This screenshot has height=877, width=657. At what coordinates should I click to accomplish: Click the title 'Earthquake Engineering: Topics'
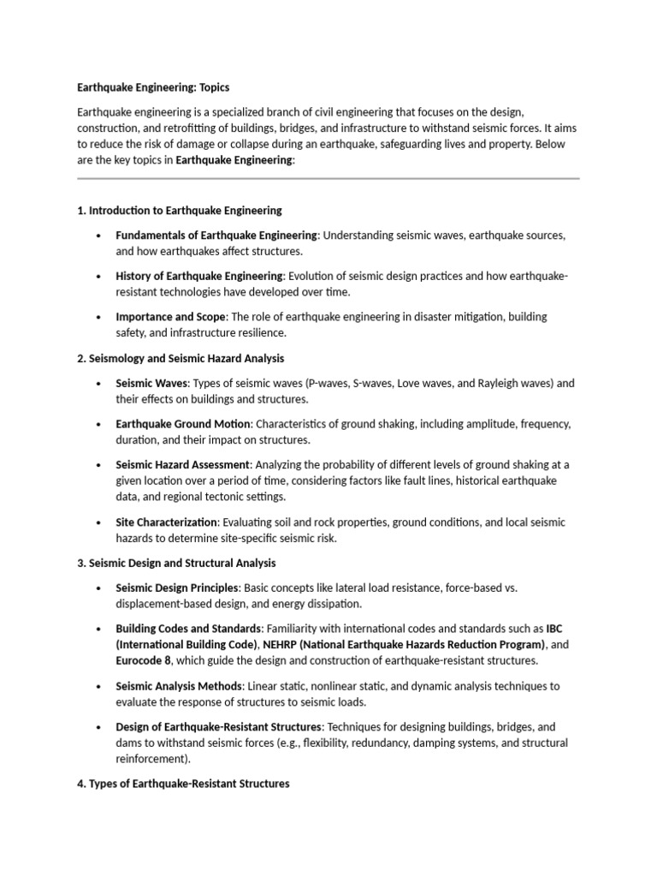(x=153, y=87)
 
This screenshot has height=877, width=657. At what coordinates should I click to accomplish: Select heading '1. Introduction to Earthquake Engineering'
(x=180, y=210)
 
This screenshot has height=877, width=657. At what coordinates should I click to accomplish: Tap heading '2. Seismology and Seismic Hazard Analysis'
(x=181, y=358)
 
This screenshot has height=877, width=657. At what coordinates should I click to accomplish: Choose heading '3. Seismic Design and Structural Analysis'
(x=176, y=563)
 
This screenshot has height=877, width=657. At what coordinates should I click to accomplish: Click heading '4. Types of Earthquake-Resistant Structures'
(x=183, y=783)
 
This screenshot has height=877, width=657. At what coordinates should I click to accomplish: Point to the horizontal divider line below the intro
(x=328, y=178)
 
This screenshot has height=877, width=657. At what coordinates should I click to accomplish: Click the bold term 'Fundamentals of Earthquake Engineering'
(x=216, y=235)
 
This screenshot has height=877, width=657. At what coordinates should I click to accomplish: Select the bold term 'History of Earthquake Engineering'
(x=199, y=276)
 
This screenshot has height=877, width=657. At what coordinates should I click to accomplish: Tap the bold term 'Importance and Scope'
(x=169, y=317)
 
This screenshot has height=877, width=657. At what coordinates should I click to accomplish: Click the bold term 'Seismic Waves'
(x=151, y=383)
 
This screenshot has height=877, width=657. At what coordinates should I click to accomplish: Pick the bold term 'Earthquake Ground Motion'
(x=183, y=424)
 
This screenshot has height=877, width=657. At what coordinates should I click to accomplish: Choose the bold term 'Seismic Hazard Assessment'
(x=182, y=465)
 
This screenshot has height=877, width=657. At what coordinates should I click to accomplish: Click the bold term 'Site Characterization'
(x=168, y=522)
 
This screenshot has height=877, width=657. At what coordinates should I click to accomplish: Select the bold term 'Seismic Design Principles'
(x=178, y=588)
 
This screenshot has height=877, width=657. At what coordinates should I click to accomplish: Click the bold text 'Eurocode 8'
(x=144, y=661)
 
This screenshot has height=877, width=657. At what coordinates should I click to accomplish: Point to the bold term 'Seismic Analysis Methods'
(x=180, y=686)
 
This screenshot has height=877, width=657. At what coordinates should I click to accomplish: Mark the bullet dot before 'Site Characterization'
(x=99, y=522)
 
